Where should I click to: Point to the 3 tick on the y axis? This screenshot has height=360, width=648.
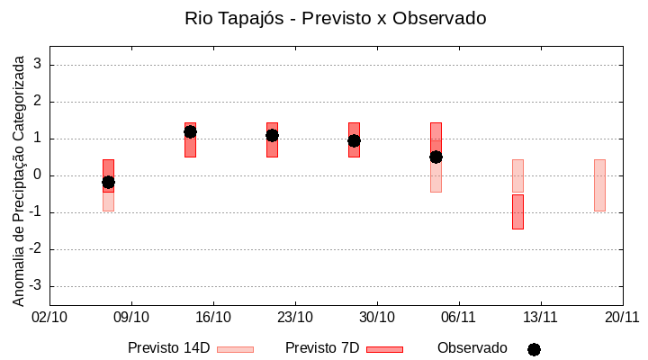tap(38, 65)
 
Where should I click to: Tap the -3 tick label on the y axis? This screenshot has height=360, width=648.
tap(35, 286)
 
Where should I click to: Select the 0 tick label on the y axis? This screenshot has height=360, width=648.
tap(38, 175)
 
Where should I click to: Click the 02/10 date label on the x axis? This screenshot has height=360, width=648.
tap(49, 318)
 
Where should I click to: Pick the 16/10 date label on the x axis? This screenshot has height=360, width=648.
tap(213, 318)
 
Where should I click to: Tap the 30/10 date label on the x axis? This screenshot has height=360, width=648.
tap(377, 318)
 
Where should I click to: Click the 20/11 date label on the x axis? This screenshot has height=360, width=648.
tap(622, 318)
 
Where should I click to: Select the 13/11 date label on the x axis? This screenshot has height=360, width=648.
tap(540, 318)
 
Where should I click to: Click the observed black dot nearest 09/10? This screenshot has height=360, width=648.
tap(108, 182)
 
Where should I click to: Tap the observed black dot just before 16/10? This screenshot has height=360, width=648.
tap(190, 131)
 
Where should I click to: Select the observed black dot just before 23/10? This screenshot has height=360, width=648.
tap(272, 135)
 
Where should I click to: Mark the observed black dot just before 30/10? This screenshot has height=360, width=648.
tap(354, 140)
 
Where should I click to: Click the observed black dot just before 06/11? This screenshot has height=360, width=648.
tap(436, 157)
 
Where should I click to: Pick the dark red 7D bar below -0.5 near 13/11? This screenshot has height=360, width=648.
tap(517, 212)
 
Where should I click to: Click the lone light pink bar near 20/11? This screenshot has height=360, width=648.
tap(599, 185)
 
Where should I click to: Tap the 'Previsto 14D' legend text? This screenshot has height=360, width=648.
tap(168, 348)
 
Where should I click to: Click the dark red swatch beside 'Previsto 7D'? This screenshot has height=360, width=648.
tap(385, 349)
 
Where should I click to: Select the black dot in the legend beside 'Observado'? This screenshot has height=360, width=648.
tap(534, 349)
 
